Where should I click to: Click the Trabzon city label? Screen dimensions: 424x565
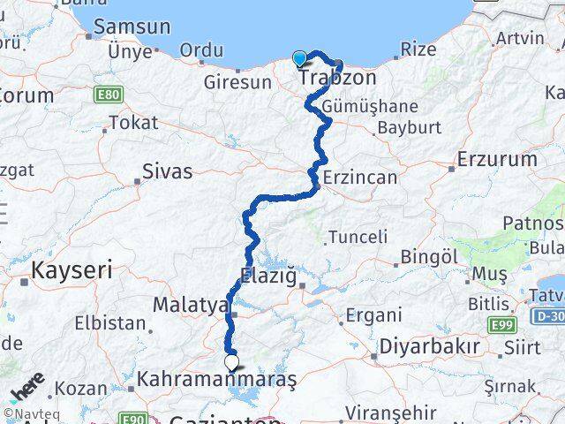[x=337, y=78]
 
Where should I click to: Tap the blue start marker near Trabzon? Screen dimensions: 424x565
[x=300, y=59]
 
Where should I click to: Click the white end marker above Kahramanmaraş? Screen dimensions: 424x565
[x=231, y=361]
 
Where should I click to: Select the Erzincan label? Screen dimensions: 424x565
[x=360, y=177]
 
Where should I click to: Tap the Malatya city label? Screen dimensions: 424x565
[x=191, y=305]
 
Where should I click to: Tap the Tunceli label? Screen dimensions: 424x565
[x=358, y=236]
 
